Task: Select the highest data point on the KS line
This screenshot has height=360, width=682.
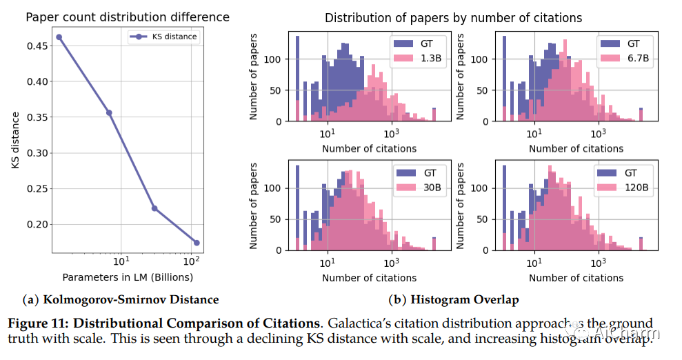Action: pyautogui.click(x=59, y=37)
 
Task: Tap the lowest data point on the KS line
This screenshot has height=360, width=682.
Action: pyautogui.click(x=197, y=243)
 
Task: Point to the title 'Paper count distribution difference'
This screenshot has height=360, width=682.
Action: pyautogui.click(x=128, y=17)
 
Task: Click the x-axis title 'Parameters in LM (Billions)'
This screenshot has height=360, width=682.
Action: pyautogui.click(x=128, y=278)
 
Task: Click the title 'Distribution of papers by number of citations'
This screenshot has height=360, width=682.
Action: pyautogui.click(x=453, y=18)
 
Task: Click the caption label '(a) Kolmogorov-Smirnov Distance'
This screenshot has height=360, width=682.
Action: pyautogui.click(x=121, y=299)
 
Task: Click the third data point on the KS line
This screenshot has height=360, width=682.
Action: pyautogui.click(x=154, y=208)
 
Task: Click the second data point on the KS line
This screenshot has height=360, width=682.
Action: pyautogui.click(x=109, y=112)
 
